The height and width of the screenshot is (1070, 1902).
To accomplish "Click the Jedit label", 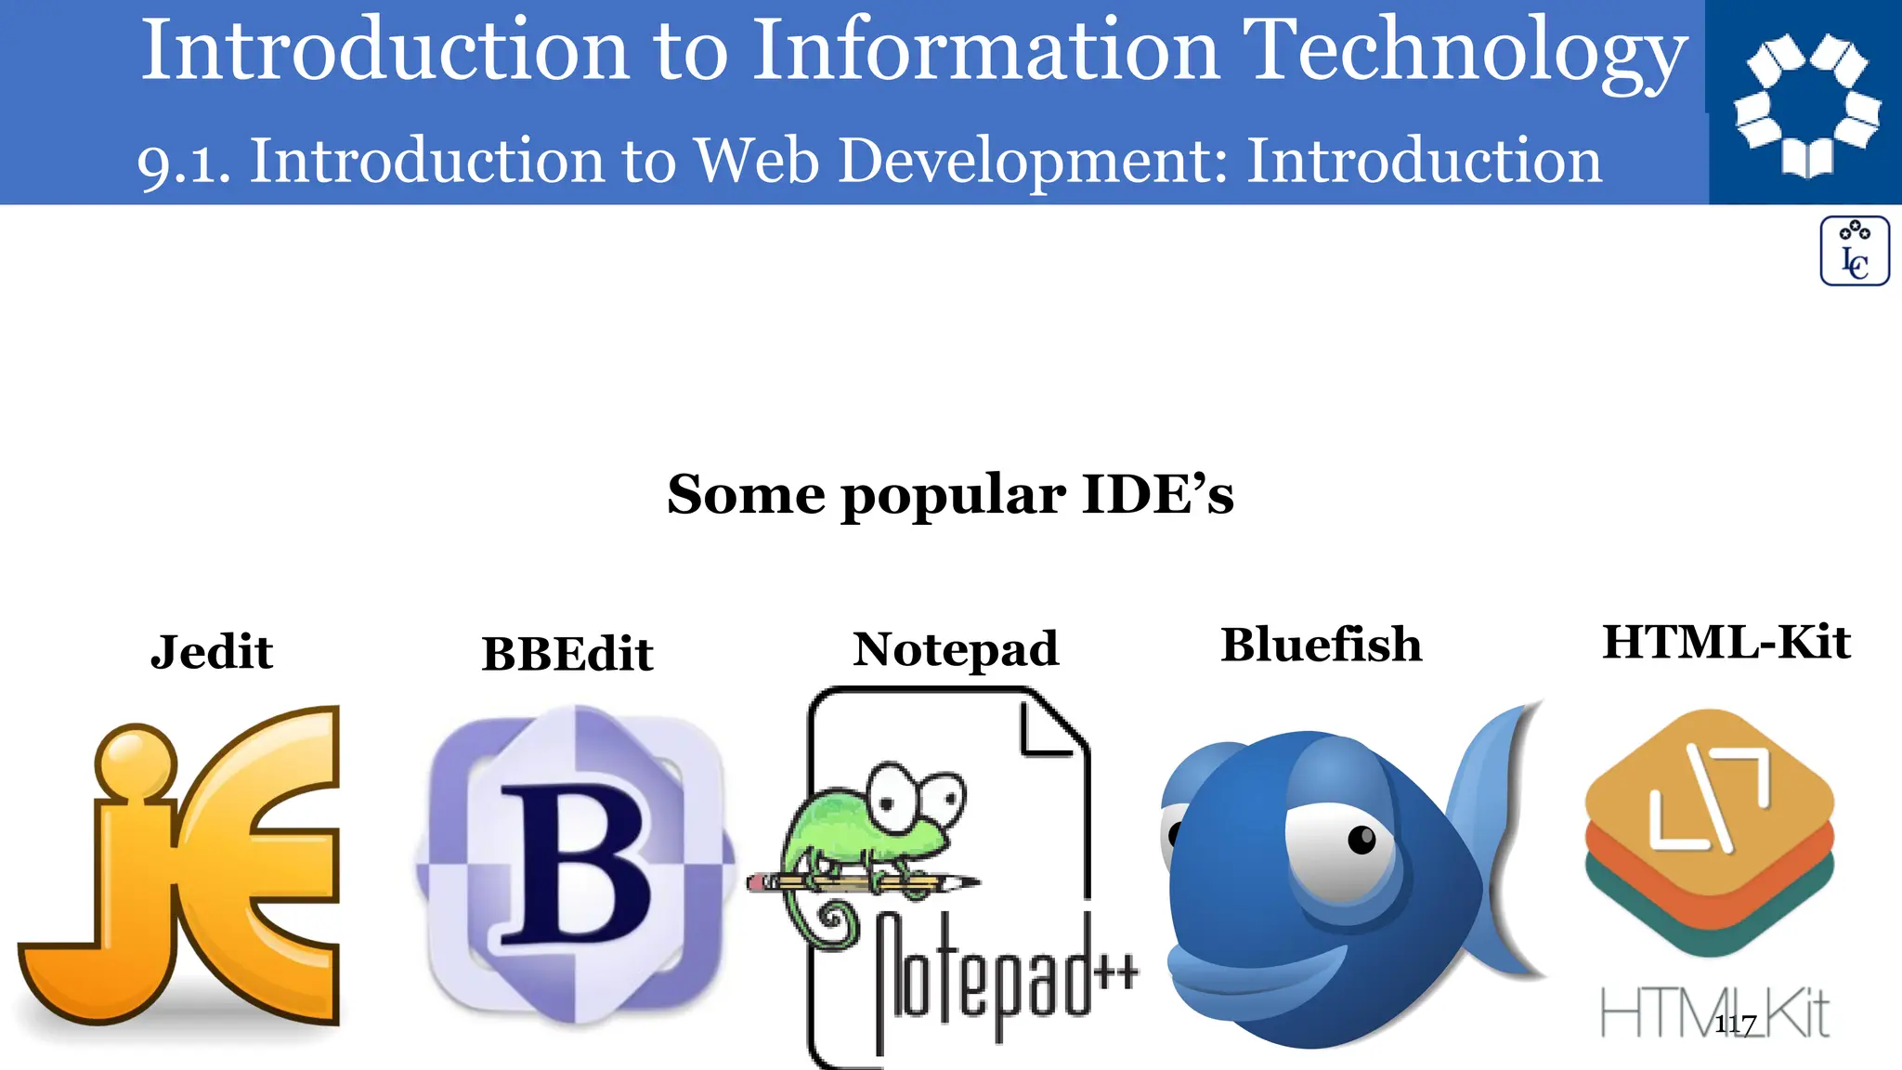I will pyautogui.click(x=212, y=651).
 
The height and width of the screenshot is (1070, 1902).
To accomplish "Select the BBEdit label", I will pyautogui.click(x=567, y=653).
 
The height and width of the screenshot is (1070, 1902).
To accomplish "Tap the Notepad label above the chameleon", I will pyautogui.click(x=956, y=648).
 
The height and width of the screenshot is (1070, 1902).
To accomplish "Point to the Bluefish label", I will pyautogui.click(x=1321, y=645).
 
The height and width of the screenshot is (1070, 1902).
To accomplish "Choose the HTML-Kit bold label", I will pyautogui.click(x=1726, y=642).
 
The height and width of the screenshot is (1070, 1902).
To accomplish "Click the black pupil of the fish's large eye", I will pyautogui.click(x=1361, y=840).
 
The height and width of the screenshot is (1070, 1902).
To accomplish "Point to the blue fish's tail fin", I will pyautogui.click(x=1495, y=836).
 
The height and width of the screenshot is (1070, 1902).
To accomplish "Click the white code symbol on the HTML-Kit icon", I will pyautogui.click(x=1710, y=801).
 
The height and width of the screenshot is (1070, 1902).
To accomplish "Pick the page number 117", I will pyautogui.click(x=1735, y=1024).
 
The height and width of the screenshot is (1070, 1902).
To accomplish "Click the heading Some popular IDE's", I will pyautogui.click(x=950, y=494).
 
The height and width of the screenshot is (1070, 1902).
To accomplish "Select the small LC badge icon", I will pyautogui.click(x=1854, y=251).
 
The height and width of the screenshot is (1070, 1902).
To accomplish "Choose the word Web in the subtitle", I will pyautogui.click(x=757, y=161).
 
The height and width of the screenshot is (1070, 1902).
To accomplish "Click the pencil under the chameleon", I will pyautogui.click(x=864, y=881).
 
